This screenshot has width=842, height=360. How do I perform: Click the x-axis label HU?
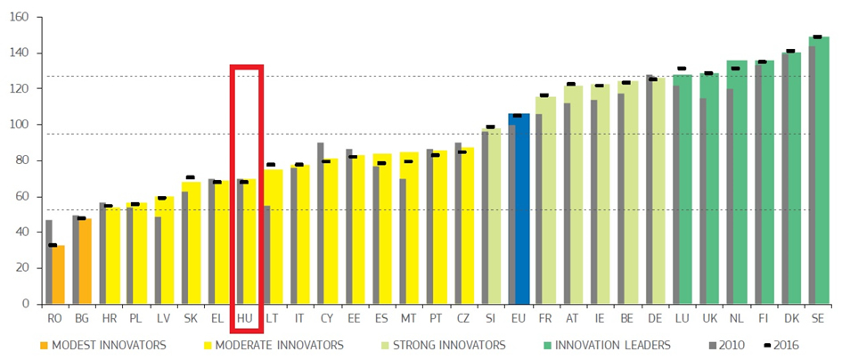(245, 317)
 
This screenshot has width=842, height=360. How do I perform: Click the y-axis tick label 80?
(22, 160)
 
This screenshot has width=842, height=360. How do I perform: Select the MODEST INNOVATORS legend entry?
(102, 345)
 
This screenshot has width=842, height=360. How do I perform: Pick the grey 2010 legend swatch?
(713, 345)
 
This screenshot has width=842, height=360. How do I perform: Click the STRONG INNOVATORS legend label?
(442, 345)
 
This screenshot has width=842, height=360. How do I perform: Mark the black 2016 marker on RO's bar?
(53, 245)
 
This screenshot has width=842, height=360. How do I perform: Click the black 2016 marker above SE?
(817, 37)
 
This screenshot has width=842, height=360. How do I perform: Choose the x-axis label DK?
(790, 317)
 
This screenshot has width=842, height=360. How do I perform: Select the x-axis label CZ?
(463, 317)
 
